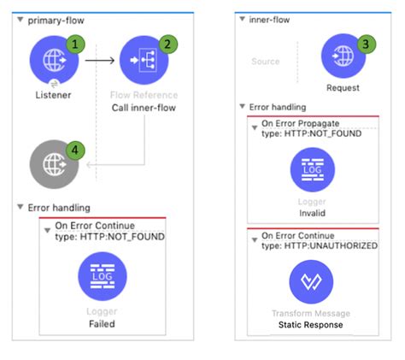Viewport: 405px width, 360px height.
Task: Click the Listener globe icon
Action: pyautogui.click(x=54, y=60)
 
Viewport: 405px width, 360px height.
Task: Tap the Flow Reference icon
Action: pyautogui.click(x=144, y=60)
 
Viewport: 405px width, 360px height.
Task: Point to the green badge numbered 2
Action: pyautogui.click(x=167, y=41)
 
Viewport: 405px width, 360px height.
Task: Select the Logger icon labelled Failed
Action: pyautogui.click(x=102, y=279)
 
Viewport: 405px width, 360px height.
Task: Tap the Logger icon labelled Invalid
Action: pyautogui.click(x=312, y=170)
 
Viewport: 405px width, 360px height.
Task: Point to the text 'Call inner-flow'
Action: pyautogui.click(x=144, y=109)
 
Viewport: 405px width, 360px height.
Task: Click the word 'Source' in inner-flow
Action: pyautogui.click(x=265, y=62)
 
